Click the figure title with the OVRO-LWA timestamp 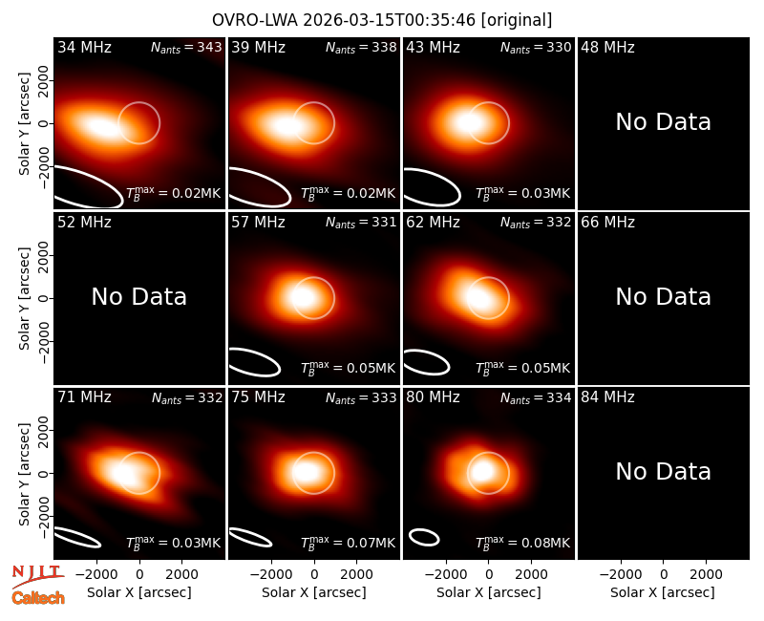pyautogui.click(x=382, y=20)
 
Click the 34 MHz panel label pyautogui.click(x=84, y=47)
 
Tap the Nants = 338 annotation pyautogui.click(x=361, y=47)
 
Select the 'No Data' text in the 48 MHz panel pyautogui.click(x=663, y=122)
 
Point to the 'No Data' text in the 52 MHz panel pyautogui.click(x=138, y=297)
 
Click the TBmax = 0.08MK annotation pyautogui.click(x=522, y=543)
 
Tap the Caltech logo pyautogui.click(x=38, y=598)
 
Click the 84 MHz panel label pyautogui.click(x=607, y=397)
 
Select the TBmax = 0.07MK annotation pyautogui.click(x=348, y=543)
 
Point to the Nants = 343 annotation pyautogui.click(x=186, y=47)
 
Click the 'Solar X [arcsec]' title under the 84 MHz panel pyautogui.click(x=663, y=592)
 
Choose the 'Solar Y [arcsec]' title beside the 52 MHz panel pyautogui.click(x=24, y=298)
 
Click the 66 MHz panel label pyautogui.click(x=607, y=223)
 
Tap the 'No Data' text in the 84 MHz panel pyautogui.click(x=663, y=472)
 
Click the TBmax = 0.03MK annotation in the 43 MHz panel pyautogui.click(x=522, y=193)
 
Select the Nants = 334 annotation pyautogui.click(x=536, y=397)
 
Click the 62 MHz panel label pyautogui.click(x=434, y=223)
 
